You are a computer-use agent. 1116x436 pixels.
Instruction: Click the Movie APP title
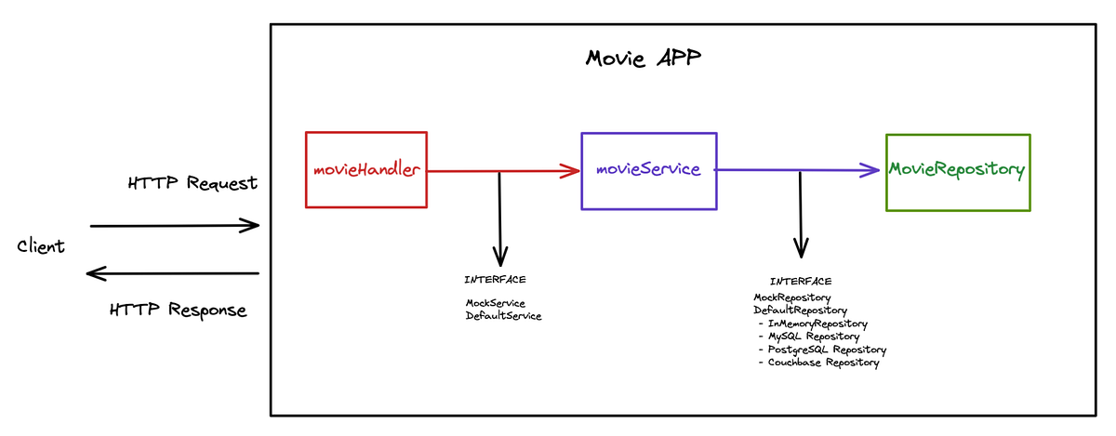(x=644, y=59)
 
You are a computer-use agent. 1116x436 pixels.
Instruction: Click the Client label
(x=41, y=246)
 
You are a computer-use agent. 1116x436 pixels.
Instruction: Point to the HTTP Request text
(x=193, y=183)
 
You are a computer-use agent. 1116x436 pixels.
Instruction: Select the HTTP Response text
(x=178, y=310)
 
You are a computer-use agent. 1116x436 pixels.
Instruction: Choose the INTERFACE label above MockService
(x=495, y=280)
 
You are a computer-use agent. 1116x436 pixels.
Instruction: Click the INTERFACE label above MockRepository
(x=801, y=281)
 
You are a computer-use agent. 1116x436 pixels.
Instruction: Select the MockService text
(x=495, y=303)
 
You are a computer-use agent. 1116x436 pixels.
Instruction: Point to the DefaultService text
(x=503, y=316)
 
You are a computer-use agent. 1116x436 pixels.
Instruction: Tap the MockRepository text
(x=792, y=297)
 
